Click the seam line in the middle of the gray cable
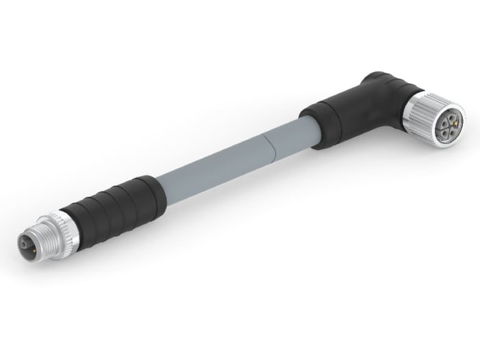266,149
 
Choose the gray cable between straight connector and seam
213,171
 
